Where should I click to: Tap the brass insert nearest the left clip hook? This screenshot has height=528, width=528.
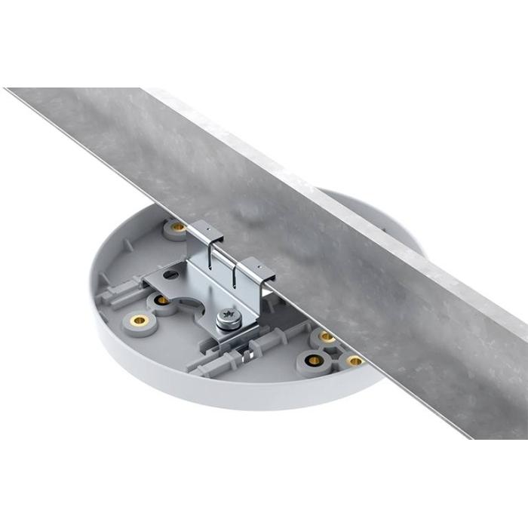point(178,227)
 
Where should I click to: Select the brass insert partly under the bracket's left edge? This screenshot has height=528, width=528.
point(161,300)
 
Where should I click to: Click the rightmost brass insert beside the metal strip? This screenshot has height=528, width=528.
point(354,361)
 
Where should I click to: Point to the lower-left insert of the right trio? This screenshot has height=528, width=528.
point(314,360)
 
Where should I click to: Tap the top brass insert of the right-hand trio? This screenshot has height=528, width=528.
point(326,336)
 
